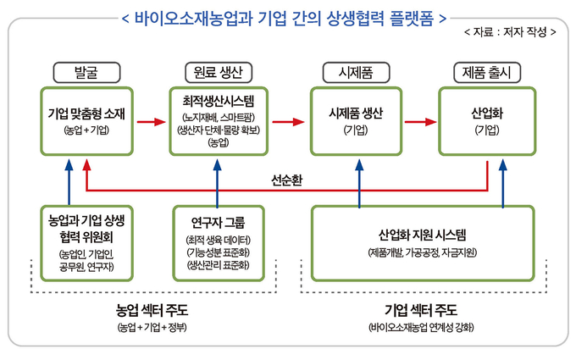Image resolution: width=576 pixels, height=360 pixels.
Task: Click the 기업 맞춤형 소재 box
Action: click(86, 119)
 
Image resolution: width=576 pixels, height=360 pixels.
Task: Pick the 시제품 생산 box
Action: click(356, 119)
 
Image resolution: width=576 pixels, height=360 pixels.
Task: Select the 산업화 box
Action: click(487, 119)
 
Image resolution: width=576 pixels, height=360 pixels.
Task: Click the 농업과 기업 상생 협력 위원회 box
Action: click(86, 243)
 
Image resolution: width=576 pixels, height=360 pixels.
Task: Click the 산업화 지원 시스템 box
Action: click(422, 243)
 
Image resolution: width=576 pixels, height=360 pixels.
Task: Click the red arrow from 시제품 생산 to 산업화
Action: click(420, 120)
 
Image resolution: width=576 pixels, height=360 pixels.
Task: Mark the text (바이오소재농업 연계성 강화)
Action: click(422, 327)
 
